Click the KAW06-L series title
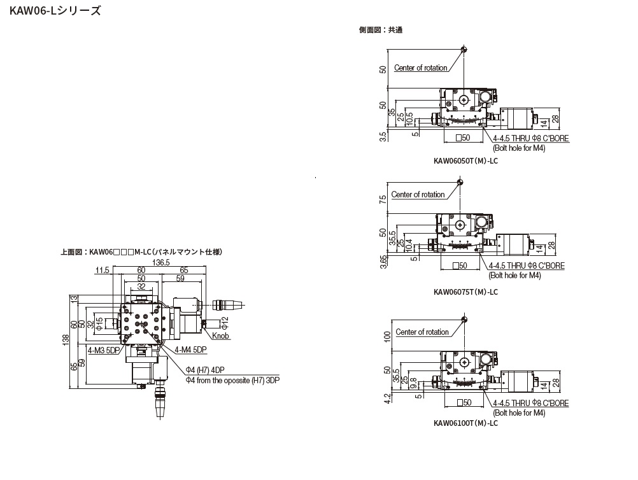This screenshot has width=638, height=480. pos(55,11)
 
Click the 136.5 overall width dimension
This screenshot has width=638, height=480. pos(160,262)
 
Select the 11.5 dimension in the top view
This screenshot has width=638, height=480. pos(102,271)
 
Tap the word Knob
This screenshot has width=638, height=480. pos(221,336)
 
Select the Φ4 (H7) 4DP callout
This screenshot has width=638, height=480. pos(205,371)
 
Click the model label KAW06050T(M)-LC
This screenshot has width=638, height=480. pos(465,162)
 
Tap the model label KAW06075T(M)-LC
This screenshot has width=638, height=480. pos(465,292)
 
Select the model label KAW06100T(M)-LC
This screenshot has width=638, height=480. pos(465,423)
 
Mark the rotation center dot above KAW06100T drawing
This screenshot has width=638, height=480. pos(466,319)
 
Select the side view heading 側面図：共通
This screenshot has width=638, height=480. pos(381,29)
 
